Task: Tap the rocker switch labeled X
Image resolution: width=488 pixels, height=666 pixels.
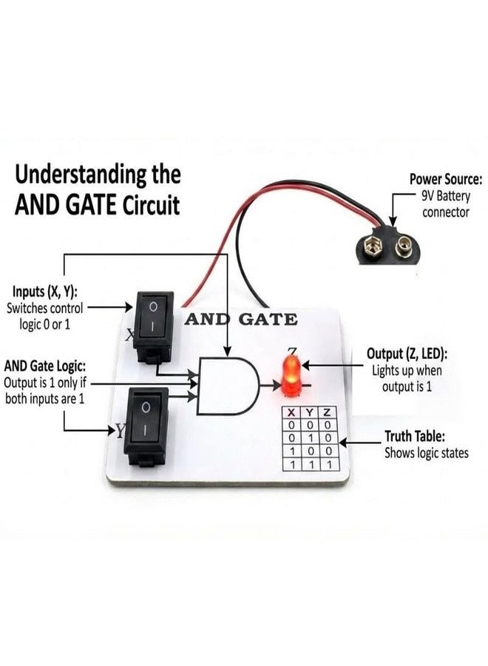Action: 154,326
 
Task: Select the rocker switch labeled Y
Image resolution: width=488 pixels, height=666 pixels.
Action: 146,426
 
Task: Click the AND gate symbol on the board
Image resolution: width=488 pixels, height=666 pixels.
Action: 228,386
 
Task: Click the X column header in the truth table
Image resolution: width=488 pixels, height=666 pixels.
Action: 291,412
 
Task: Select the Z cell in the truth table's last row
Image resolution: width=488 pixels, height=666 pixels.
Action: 329,464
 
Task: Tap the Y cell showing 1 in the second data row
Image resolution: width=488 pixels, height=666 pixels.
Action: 311,438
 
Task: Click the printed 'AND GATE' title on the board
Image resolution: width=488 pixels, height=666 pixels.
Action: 241,320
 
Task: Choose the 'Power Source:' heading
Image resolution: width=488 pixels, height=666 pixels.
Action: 446,179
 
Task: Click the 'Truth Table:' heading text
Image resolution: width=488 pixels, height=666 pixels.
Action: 415,436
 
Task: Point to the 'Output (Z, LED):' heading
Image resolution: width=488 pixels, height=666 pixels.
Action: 407,354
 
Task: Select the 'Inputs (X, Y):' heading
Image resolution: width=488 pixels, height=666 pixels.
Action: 44,292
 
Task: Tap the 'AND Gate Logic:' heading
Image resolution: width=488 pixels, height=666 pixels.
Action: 44,366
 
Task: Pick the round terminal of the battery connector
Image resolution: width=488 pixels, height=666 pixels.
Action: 404,247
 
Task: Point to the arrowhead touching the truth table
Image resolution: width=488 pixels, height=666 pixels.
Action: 343,443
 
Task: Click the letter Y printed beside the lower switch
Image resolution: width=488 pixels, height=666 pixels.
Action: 121,431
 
